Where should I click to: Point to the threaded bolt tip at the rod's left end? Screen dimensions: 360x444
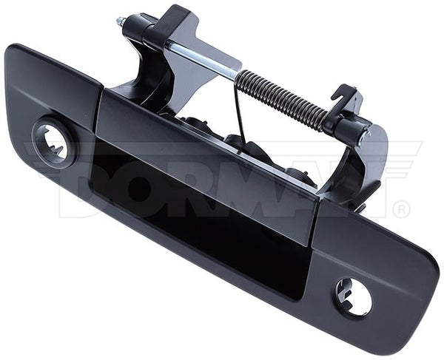coord(121,21)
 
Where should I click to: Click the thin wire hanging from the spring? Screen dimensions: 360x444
coord(239,111)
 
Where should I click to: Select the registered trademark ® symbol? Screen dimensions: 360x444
coord(400,209)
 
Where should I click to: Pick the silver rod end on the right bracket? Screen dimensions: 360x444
coord(364,137)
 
